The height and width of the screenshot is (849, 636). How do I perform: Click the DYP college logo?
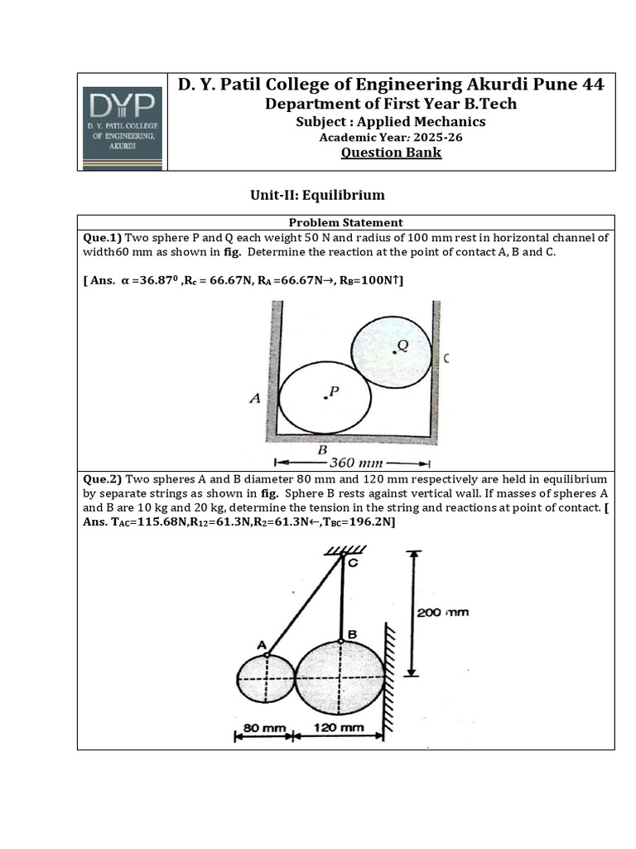(123, 122)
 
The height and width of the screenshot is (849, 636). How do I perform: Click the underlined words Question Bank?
(391, 153)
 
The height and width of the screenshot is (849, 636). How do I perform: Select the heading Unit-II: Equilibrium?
(318, 196)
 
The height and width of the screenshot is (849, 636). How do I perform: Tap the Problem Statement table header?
(346, 222)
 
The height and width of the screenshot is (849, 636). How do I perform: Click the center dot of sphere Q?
(394, 352)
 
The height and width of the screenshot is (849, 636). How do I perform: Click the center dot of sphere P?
(325, 397)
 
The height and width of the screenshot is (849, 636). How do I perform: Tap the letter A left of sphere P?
(255, 399)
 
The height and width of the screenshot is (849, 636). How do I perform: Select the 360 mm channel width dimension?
(356, 463)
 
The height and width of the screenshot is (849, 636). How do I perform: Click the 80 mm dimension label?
(260, 728)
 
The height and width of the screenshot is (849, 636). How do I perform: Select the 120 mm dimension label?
(339, 728)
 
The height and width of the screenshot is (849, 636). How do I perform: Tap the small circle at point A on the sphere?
(267, 654)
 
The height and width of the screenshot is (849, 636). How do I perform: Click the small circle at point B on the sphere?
(340, 641)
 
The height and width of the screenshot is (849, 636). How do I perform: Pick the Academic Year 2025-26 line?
(391, 137)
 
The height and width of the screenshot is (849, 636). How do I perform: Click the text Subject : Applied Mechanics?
(391, 121)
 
